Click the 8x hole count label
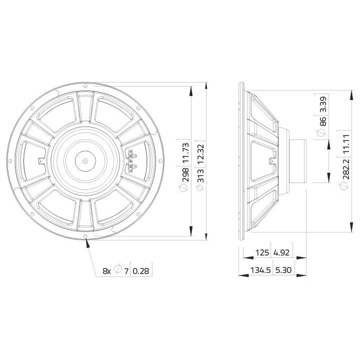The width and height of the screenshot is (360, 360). [106, 271]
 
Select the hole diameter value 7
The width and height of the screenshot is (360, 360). [126, 271]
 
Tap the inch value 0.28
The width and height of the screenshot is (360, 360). [141, 271]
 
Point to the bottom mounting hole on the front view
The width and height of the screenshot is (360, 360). [86, 236]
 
